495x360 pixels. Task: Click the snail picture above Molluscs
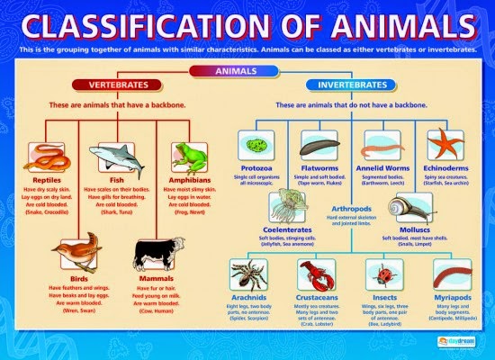pyautogui.click(x=409, y=208)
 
